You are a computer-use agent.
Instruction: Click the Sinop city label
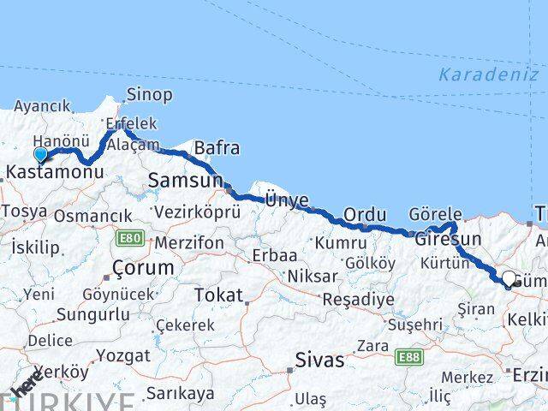click(149, 95)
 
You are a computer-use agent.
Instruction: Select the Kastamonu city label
click(54, 172)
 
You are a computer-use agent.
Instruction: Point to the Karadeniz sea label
click(489, 74)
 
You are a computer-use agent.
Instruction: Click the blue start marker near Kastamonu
click(40, 155)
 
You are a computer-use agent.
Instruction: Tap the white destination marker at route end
click(509, 279)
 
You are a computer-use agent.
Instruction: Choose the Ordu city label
click(365, 214)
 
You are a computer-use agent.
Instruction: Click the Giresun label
click(448, 239)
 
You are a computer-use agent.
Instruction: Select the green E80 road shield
click(131, 237)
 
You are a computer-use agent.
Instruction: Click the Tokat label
click(218, 295)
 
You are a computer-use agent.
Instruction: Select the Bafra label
click(217, 148)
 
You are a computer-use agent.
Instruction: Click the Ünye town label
click(286, 199)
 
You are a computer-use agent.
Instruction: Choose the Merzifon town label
click(189, 243)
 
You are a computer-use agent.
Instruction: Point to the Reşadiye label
click(358, 300)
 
